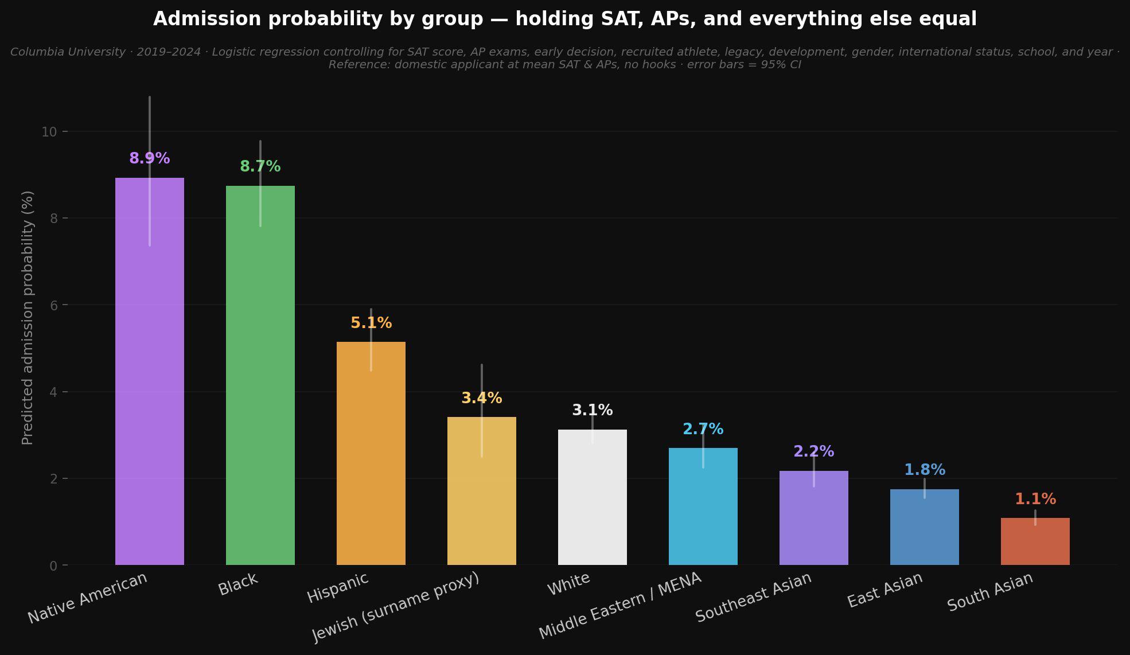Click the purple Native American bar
149,373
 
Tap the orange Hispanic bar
371,453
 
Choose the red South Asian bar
1035,541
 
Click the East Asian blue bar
924,527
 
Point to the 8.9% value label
149,158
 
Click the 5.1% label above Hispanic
371,323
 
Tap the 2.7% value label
703,429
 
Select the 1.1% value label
1035,499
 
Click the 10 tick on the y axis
49,132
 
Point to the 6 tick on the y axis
54,305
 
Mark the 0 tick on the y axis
54,566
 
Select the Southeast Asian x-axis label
753,597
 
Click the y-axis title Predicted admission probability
28,318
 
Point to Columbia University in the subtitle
68,52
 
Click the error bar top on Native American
149,98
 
